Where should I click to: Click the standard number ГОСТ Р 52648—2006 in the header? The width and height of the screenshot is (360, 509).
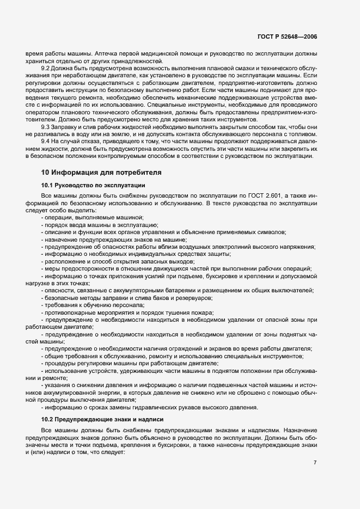pyautogui.click(x=286, y=37)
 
